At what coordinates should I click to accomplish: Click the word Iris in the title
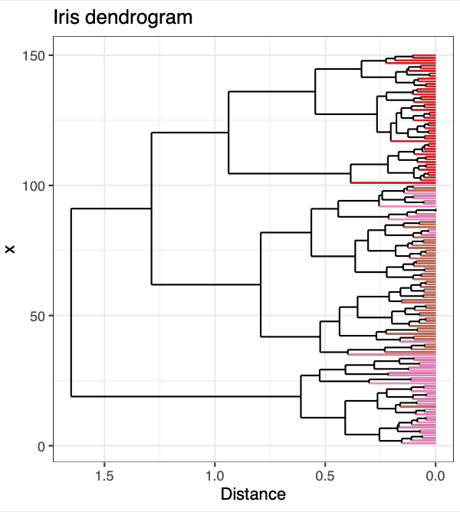click(66, 17)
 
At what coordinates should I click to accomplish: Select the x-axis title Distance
click(253, 494)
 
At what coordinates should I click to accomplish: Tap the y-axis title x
click(10, 249)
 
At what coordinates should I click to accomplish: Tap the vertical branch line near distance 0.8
click(261, 284)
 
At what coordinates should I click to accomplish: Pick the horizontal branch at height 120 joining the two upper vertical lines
click(190, 133)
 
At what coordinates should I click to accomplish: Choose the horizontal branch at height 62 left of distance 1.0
click(206, 284)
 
